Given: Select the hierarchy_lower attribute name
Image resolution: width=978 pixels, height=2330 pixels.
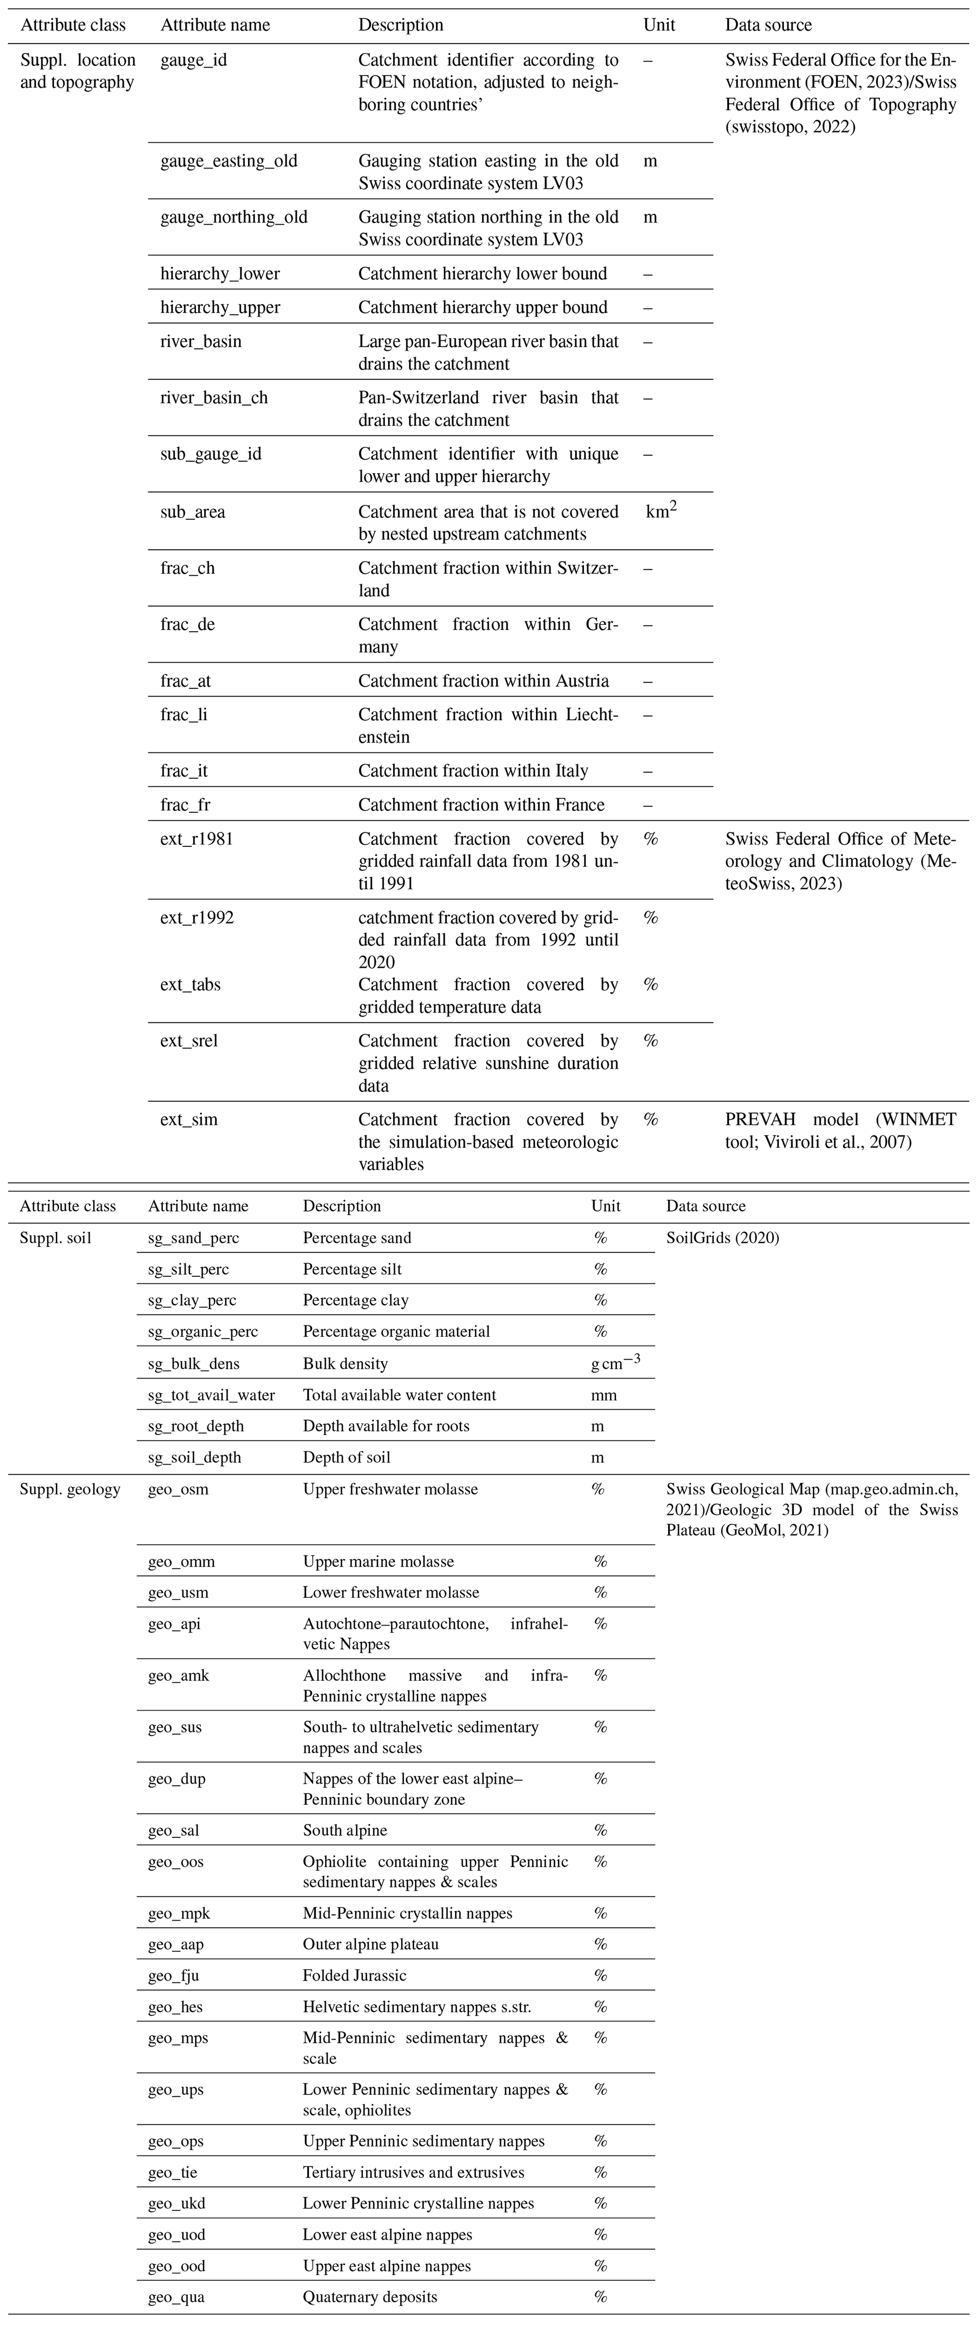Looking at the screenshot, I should (220, 274).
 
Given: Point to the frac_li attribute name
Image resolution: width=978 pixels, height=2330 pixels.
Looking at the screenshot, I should (184, 714).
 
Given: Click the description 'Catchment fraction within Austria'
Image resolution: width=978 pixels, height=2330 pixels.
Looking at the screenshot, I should (483, 681).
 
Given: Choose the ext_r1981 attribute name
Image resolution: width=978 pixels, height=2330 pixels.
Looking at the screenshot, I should (196, 839).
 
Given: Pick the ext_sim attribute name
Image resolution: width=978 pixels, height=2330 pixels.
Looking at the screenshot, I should (189, 1120).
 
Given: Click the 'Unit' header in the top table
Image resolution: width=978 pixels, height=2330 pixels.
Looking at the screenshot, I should (659, 26).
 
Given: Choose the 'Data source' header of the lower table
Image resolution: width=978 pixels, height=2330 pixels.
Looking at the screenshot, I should (705, 1206).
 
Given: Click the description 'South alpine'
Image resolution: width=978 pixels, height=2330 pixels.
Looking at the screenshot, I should (345, 1831).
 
